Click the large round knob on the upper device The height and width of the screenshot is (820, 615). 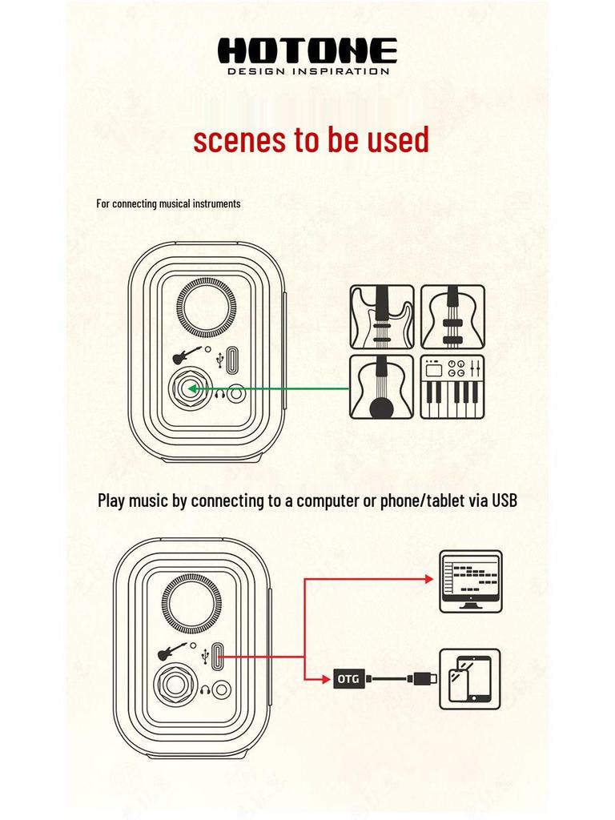(206, 308)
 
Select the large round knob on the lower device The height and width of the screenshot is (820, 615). (191, 602)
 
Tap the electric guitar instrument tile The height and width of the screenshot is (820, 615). (382, 317)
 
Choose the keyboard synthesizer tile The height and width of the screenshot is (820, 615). (453, 387)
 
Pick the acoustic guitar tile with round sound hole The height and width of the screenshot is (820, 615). (382, 387)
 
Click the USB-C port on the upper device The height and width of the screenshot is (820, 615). (232, 360)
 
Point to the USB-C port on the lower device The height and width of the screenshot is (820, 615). (218, 656)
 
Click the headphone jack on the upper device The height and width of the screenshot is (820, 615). (237, 394)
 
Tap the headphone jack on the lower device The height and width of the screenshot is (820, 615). (223, 689)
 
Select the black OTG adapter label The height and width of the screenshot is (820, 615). (348, 679)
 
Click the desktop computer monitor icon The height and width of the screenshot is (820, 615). (471, 581)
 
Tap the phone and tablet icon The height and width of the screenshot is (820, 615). (470, 679)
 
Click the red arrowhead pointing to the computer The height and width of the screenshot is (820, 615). (429, 578)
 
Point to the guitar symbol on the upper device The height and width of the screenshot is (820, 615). (187, 355)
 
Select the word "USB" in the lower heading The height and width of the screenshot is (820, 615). (504, 500)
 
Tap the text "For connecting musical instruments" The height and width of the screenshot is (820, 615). (168, 203)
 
